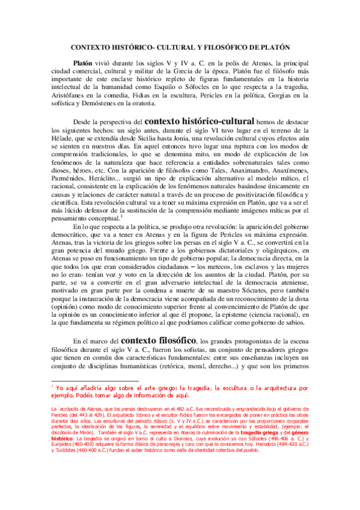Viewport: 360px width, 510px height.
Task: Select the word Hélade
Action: pyautogui.click(x=63, y=137)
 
